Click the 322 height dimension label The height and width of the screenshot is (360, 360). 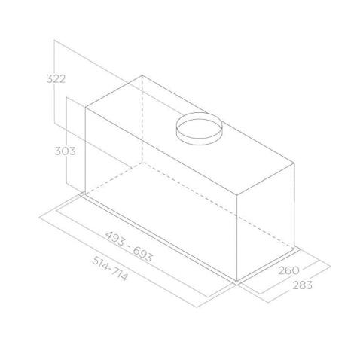(x=56, y=79)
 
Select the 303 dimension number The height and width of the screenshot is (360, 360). (x=66, y=151)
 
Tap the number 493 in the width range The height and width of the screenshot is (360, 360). (x=114, y=239)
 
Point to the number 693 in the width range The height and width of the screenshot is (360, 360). (x=142, y=254)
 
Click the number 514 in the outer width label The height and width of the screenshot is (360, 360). (x=100, y=263)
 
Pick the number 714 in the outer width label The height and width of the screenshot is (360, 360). (x=120, y=273)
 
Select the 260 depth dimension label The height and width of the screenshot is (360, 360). (x=288, y=270)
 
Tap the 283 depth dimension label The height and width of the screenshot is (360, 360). (x=302, y=285)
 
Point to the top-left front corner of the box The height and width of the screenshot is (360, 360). (x=86, y=108)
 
